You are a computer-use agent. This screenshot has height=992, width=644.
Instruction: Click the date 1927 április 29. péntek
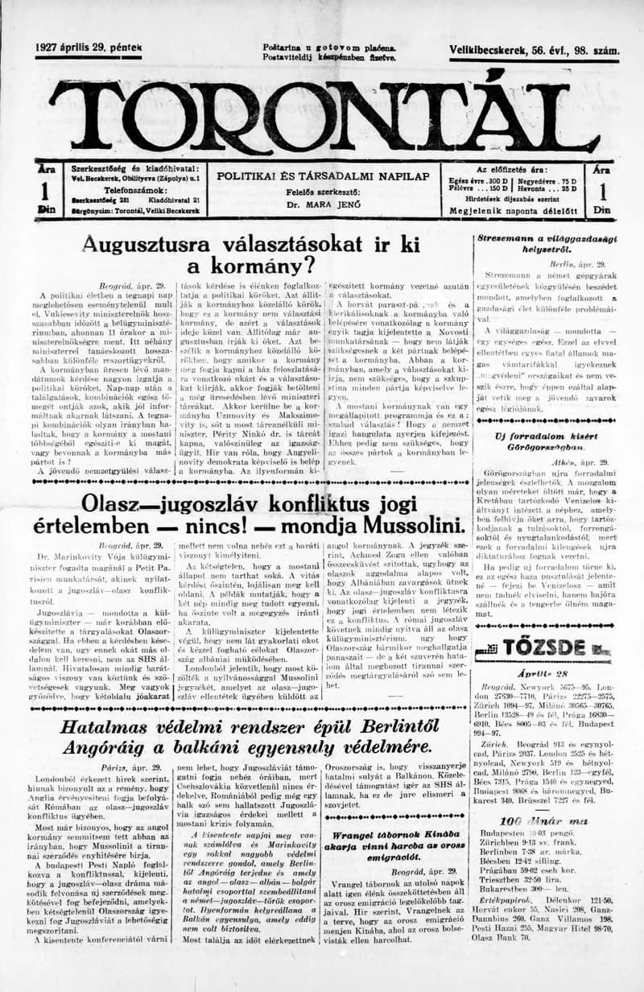click(88, 49)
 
